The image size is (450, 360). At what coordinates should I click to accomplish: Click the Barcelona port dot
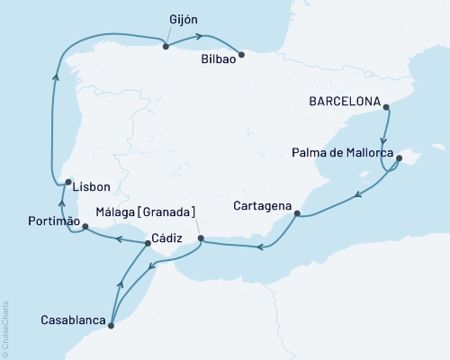click(386, 108)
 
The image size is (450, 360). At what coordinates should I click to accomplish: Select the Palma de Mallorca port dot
click(399, 157)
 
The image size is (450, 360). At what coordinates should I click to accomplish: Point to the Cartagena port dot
click(298, 213)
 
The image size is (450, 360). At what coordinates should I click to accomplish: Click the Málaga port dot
click(201, 238)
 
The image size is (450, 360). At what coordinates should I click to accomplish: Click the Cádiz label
click(169, 238)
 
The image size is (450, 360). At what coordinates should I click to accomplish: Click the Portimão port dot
click(85, 227)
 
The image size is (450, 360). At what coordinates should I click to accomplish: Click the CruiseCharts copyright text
click(5, 329)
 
